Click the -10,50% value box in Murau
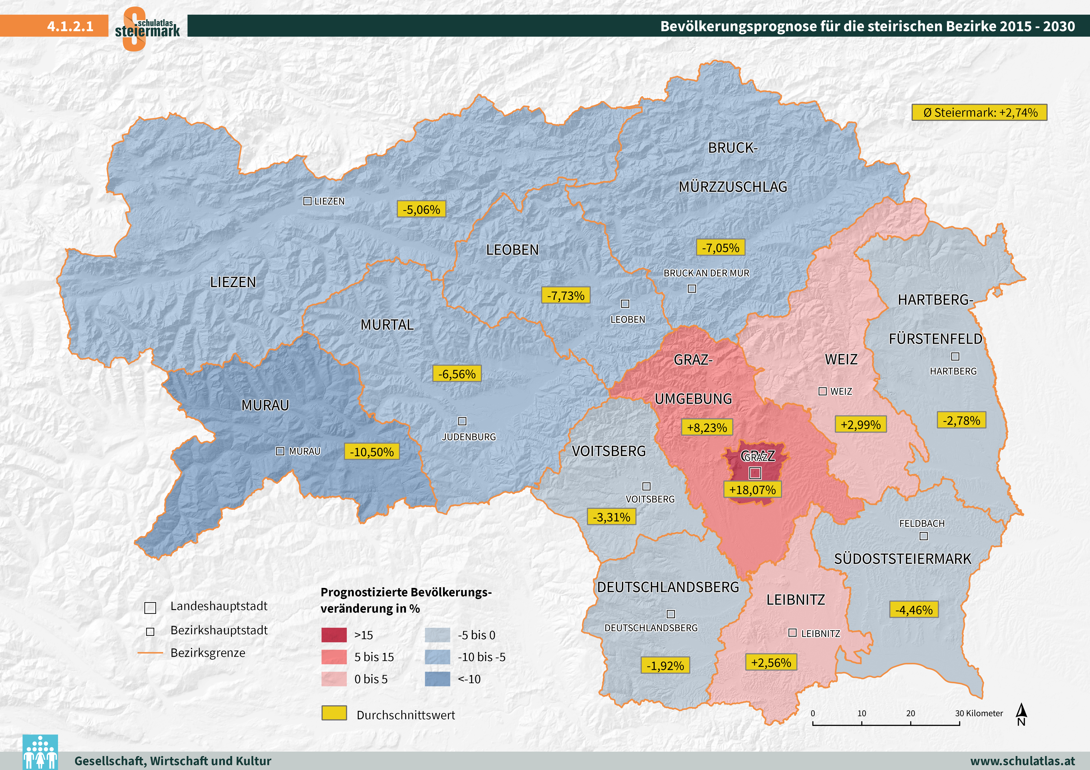pyautogui.click(x=372, y=452)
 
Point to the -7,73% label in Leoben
pyautogui.click(x=565, y=295)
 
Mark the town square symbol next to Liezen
pyautogui.click(x=307, y=201)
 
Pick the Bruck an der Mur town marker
pyautogui.click(x=692, y=288)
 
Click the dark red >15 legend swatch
pyautogui.click(x=334, y=635)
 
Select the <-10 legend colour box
pyautogui.click(x=437, y=679)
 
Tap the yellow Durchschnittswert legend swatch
pyautogui.click(x=334, y=713)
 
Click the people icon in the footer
pyautogui.click(x=40, y=752)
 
